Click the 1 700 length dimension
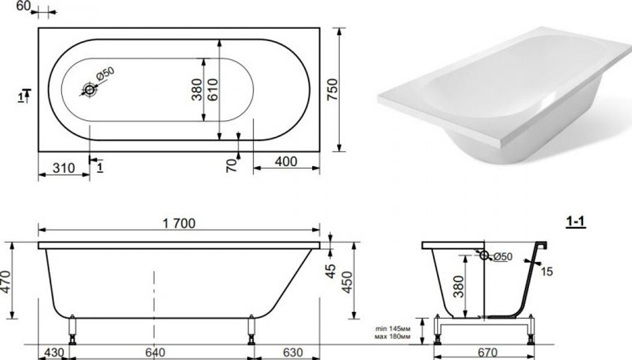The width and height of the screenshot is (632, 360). [x=178, y=223]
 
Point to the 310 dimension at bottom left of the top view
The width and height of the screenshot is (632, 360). [x=63, y=168]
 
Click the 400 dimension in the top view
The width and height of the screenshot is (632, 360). [x=285, y=162]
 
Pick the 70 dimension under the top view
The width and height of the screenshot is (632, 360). [x=232, y=164]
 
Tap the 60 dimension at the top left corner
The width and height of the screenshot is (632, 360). [x=23, y=6]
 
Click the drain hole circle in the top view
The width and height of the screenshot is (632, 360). [x=89, y=90]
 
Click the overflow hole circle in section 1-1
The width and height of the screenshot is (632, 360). [x=484, y=256]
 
